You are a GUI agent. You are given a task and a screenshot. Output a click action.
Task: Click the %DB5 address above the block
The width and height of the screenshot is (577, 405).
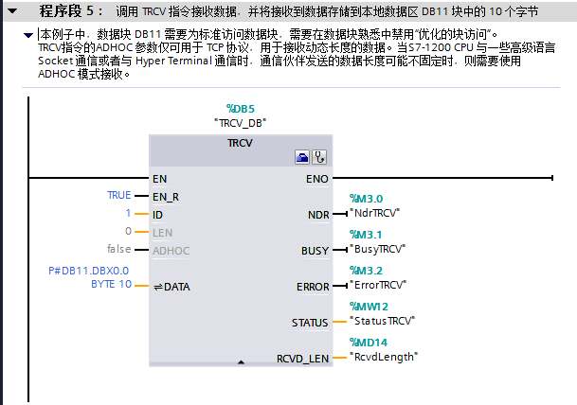coord(241,110)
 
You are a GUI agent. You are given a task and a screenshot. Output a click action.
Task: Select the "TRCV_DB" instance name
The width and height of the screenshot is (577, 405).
coord(241,122)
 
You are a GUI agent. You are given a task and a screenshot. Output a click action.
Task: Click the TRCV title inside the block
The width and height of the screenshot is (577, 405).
coord(240,142)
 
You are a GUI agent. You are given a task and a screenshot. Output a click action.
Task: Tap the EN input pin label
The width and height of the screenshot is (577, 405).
coord(159,178)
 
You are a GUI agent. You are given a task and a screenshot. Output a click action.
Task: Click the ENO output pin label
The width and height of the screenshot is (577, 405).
coord(317,178)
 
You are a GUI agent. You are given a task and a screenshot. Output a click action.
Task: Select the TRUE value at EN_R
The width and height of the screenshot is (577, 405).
coord(119,195)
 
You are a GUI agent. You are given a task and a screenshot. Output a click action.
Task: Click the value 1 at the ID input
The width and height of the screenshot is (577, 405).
coord(128,214)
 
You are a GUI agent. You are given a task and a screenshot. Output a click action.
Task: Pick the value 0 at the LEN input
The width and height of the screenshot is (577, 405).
coord(128,231)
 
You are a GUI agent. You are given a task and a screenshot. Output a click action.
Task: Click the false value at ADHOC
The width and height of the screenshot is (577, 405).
coord(119,249)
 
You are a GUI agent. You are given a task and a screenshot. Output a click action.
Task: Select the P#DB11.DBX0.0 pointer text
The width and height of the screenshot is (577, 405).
coord(89,271)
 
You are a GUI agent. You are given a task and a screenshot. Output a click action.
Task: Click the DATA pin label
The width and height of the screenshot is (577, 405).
coord(176,287)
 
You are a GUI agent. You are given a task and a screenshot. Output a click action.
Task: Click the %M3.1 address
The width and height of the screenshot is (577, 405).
coord(366,235)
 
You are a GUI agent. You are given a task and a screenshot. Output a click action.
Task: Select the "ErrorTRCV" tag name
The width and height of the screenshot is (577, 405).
coord(378,284)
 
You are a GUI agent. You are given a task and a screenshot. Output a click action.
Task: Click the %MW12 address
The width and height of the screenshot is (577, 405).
coord(369,307)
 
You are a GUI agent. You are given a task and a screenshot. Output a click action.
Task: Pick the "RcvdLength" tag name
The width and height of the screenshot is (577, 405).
coord(384,357)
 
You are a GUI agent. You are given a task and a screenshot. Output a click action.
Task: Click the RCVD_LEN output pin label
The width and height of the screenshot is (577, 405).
coord(303,359)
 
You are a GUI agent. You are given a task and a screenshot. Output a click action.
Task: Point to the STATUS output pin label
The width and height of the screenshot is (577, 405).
coord(310,323)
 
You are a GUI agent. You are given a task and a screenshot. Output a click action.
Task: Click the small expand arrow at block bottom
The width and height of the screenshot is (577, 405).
coord(241,361)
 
